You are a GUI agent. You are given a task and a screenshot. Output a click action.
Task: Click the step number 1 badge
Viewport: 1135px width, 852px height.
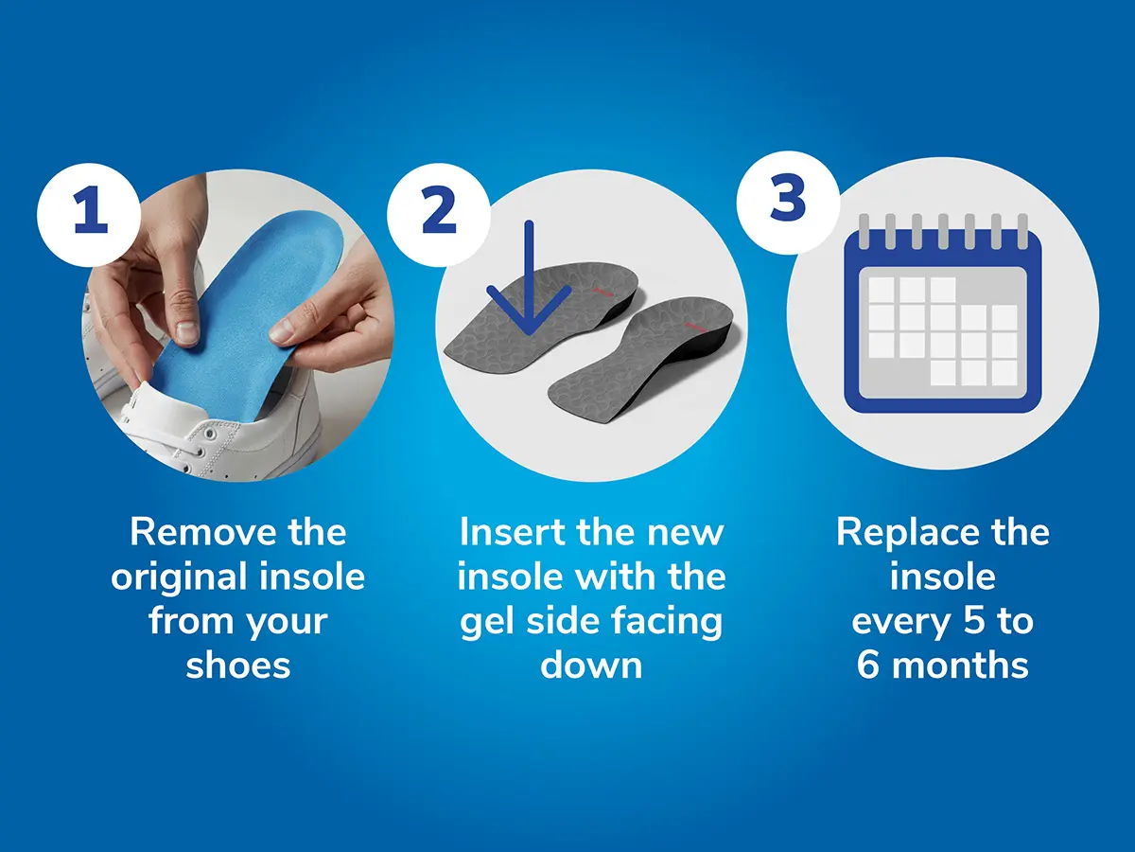(89, 215)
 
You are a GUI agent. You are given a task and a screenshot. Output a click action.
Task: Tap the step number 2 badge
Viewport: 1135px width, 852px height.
(439, 215)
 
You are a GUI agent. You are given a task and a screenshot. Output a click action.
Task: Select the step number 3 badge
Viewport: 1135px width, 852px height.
(788, 203)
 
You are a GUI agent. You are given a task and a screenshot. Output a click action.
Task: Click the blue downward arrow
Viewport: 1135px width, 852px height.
(529, 279)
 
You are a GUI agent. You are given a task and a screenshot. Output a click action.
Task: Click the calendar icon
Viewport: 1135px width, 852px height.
(943, 313)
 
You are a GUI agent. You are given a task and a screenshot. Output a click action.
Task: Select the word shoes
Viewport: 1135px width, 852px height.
(237, 665)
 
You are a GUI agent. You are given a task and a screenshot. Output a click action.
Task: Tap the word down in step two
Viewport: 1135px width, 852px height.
(591, 665)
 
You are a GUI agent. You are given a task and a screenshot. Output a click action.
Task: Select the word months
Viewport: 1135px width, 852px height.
(961, 665)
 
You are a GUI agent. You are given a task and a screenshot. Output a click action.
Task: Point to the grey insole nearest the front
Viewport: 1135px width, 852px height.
(646, 364)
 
